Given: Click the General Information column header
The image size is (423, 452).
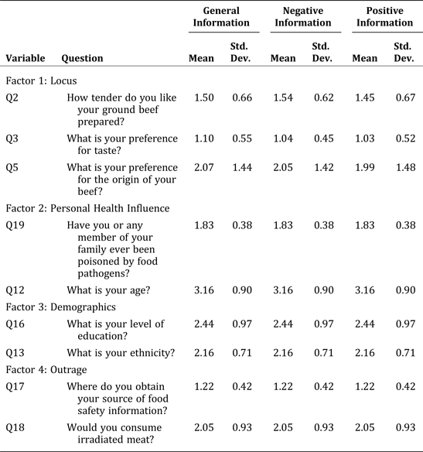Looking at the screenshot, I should point(220,17).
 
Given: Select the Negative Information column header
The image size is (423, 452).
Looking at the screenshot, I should point(302,17).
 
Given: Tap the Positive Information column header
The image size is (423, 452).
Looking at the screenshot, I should point(384,17).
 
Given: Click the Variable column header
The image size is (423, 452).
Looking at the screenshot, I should point(26,58).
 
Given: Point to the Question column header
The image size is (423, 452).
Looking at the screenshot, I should point(82,58).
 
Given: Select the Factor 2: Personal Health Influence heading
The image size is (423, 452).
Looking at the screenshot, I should point(87,207).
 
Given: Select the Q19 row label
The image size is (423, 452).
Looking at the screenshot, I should point(15,224).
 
